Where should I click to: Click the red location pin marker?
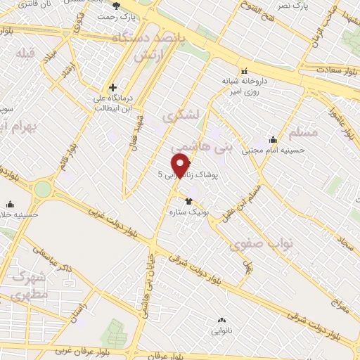(181, 165)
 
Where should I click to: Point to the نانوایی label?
(222, 329)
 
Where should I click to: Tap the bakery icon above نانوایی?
(222, 320)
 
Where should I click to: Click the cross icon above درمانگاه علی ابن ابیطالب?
(112, 88)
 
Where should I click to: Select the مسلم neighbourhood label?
(304, 133)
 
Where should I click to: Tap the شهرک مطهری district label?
(32, 285)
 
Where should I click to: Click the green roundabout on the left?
(44, 189)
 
